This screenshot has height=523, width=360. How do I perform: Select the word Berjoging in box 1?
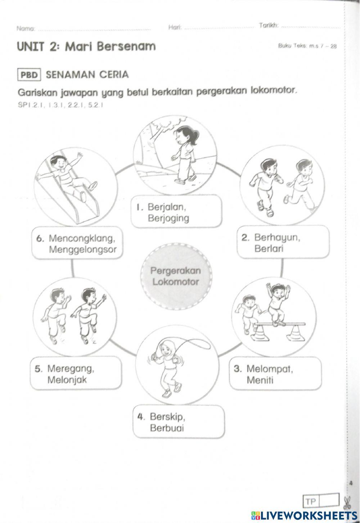point(168,218)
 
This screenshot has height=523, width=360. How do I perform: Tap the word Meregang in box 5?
point(71,369)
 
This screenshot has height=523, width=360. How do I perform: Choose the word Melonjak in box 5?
point(67,380)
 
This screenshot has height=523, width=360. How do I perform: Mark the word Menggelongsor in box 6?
point(83,249)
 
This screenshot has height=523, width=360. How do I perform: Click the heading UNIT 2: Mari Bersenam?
point(86,46)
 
